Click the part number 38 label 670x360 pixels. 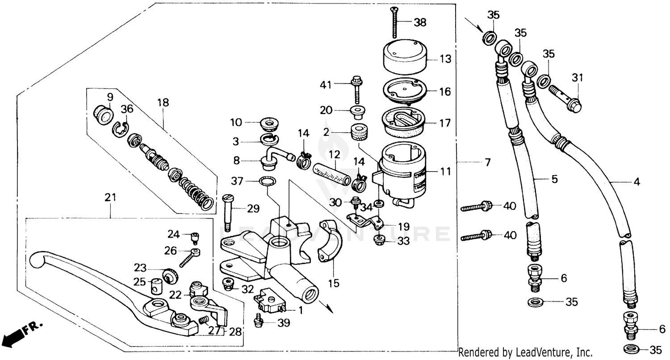pyautogui.click(x=420, y=22)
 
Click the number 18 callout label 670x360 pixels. pyautogui.click(x=163, y=103)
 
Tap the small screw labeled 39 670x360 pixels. pyautogui.click(x=258, y=321)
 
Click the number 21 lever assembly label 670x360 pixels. pyautogui.click(x=110, y=197)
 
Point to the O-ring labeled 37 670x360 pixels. pyautogui.click(x=267, y=181)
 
